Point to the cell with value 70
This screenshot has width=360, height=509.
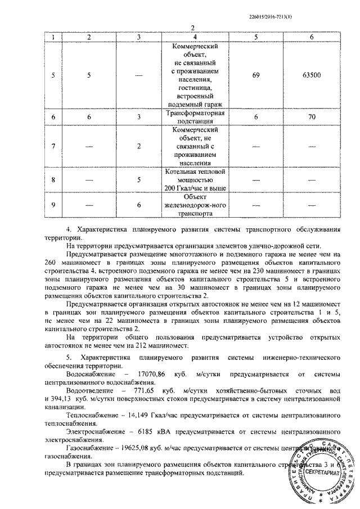pyautogui.click(x=310, y=116)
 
